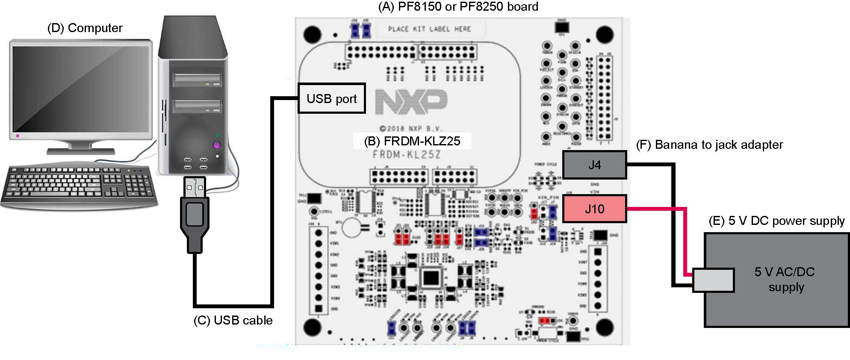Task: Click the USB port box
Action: (331, 98)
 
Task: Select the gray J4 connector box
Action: (594, 165)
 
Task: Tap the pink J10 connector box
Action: (594, 209)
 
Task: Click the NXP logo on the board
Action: (411, 102)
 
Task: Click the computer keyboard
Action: (79, 185)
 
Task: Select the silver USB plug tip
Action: (195, 187)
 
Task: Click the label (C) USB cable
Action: (233, 320)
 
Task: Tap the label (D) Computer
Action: (85, 28)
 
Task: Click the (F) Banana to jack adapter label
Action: (709, 145)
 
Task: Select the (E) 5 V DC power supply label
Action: (776, 221)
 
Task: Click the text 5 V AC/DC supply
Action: (785, 279)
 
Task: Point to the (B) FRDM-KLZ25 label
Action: (412, 141)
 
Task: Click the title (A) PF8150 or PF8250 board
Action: (458, 7)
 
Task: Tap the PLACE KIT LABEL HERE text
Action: (429, 29)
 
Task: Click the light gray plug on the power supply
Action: (713, 280)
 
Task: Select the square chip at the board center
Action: (430, 278)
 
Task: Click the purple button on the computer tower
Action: (216, 145)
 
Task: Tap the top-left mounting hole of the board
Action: (313, 34)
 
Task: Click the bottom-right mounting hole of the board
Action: (605, 328)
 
